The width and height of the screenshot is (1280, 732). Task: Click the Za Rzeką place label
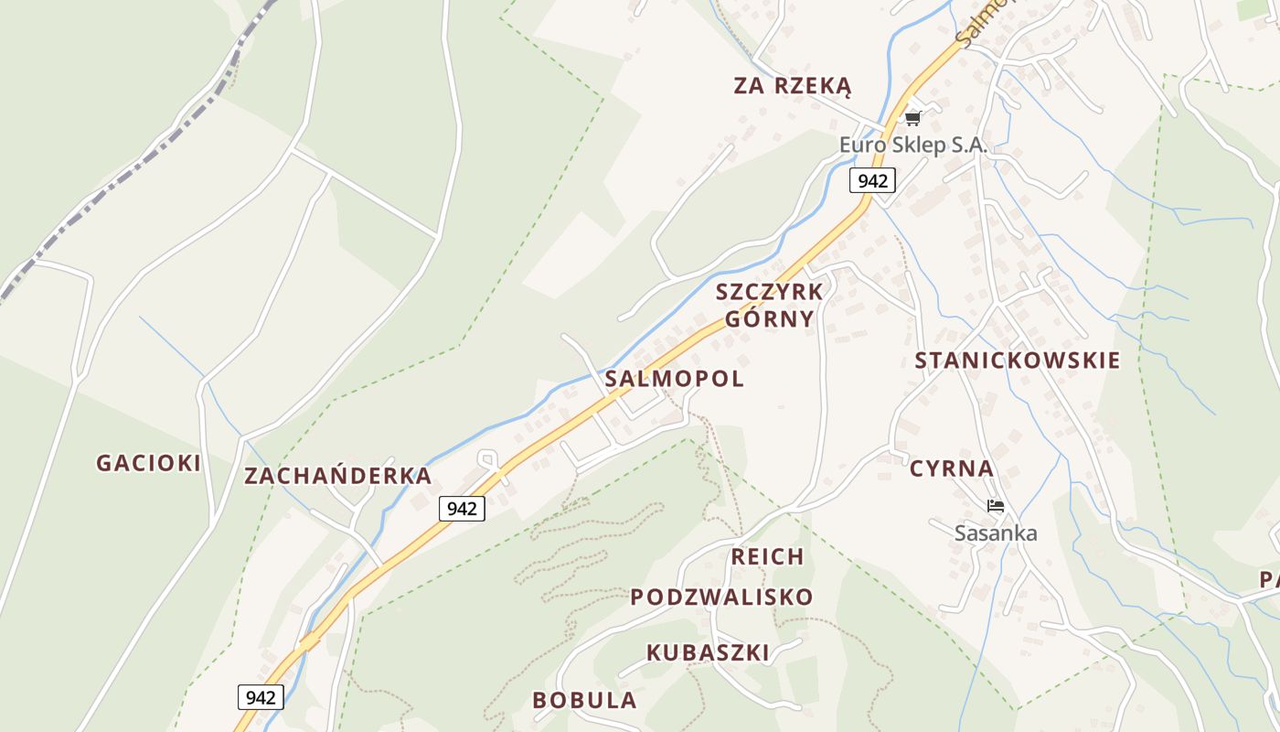point(792,86)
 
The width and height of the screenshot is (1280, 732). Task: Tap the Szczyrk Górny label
point(769,306)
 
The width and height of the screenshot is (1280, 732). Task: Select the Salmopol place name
point(674,379)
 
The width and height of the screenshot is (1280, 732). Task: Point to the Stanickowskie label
point(1017,360)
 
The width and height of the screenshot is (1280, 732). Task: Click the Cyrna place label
point(951,468)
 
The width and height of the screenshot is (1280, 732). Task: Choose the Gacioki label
point(148,463)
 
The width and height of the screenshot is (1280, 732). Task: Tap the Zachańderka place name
point(337,476)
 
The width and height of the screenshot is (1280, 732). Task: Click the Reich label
point(767,556)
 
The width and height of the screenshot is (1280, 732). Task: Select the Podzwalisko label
point(721,597)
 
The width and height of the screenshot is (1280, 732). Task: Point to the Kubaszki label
point(708,652)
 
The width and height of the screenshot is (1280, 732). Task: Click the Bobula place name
point(584,700)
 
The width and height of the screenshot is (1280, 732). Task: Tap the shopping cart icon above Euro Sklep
point(912,118)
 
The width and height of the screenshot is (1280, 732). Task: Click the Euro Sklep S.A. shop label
point(913,145)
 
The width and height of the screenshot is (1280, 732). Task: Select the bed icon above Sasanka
point(996,505)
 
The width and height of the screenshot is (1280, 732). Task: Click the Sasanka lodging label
point(996,533)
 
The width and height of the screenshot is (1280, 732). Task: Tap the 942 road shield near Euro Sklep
point(872,180)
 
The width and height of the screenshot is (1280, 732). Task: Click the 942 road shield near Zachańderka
point(462,508)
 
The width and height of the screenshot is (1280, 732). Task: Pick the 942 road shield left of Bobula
point(261,697)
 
